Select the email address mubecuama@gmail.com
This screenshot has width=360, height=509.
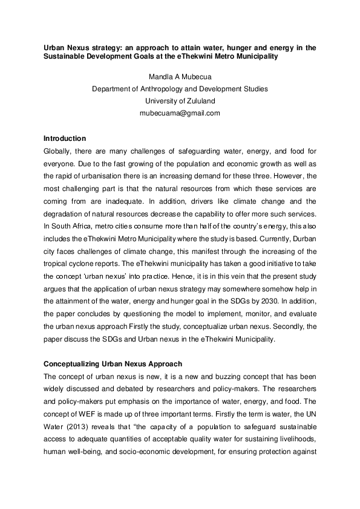[180, 112]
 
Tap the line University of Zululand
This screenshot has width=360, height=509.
[180, 100]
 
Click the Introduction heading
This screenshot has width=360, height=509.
[65, 138]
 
